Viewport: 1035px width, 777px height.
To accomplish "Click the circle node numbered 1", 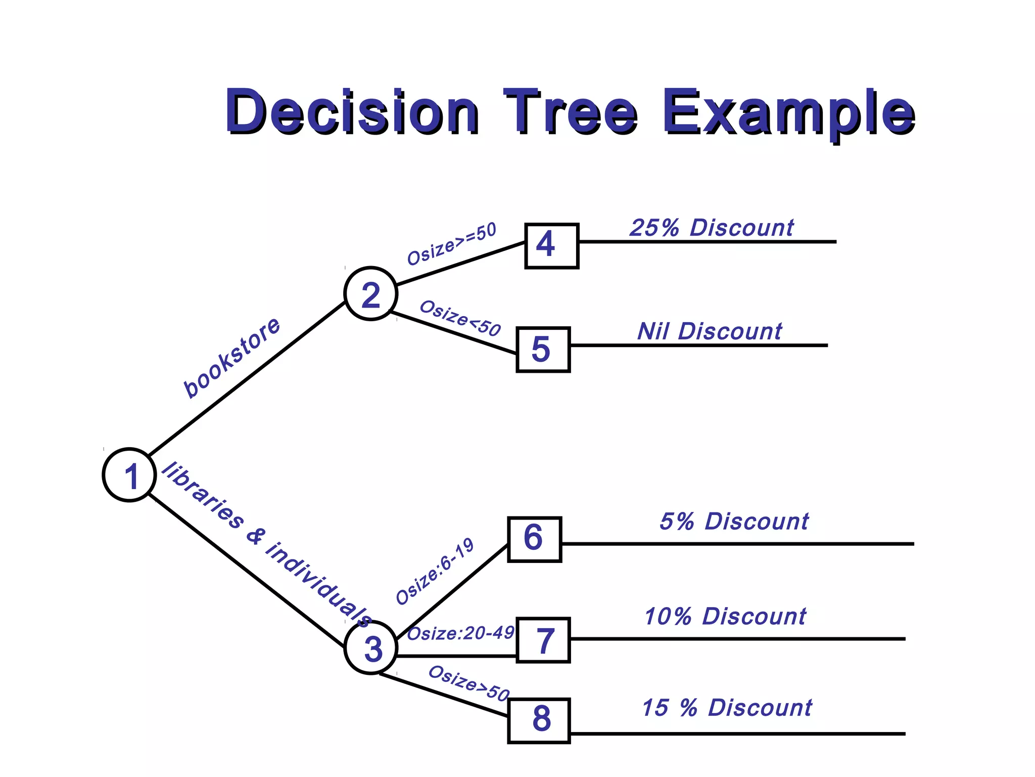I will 129,475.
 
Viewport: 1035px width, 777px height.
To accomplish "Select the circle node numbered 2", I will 370,294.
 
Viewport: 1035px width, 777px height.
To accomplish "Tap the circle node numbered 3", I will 370,647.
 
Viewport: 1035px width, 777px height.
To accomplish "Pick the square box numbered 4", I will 551,245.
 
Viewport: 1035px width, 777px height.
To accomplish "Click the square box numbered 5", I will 543,350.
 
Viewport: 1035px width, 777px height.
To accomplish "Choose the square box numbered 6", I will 534,539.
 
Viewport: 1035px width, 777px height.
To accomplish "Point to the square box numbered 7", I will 543,640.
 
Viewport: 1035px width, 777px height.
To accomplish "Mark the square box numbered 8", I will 539,720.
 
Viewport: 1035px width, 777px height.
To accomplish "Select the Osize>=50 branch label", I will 452,244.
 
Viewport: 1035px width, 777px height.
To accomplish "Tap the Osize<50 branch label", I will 460,318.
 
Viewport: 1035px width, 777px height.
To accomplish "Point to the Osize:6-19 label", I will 435,572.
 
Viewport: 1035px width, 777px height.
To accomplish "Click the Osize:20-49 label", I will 460,633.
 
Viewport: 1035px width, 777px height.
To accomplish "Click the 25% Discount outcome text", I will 712,228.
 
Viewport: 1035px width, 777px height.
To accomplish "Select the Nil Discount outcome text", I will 710,332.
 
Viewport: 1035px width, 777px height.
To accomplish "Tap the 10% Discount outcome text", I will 725,617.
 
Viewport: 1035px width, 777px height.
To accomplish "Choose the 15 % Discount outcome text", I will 727,708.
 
